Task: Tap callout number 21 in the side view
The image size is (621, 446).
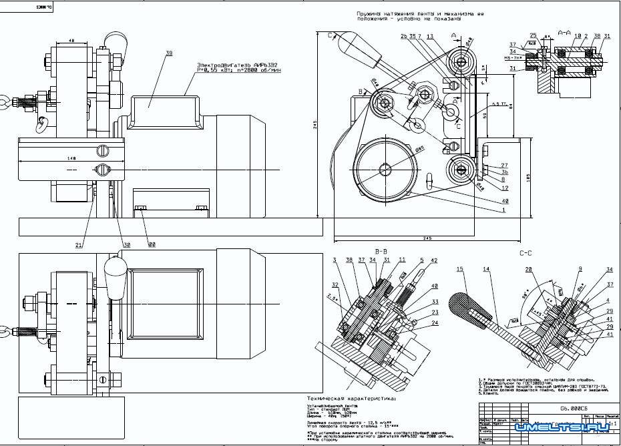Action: (78, 246)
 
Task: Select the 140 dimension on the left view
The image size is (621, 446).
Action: (71, 158)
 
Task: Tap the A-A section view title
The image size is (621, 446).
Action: (564, 32)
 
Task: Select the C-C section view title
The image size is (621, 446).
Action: (526, 254)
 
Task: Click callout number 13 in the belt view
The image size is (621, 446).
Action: (430, 36)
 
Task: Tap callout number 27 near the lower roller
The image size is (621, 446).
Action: (503, 165)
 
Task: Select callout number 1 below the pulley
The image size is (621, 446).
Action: (502, 210)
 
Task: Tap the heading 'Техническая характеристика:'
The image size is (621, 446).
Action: (350, 398)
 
